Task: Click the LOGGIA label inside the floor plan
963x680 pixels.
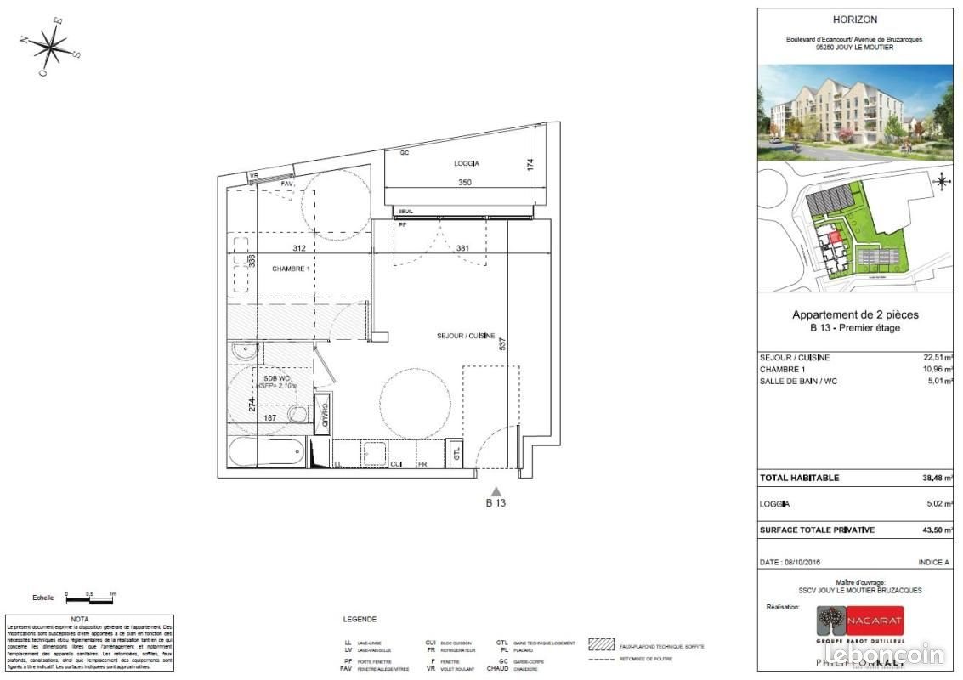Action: pos(467,163)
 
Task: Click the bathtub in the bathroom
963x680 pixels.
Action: pos(266,452)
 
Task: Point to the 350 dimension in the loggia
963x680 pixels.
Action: pos(465,183)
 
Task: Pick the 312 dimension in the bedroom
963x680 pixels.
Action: pos(298,248)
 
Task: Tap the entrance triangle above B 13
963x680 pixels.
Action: pos(496,491)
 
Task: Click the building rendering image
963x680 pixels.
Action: pos(855,113)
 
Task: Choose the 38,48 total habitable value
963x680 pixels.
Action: pos(938,478)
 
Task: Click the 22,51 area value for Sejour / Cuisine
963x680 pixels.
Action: pos(938,358)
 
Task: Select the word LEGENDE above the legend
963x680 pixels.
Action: pos(360,620)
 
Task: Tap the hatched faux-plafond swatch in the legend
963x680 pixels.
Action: pos(604,644)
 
